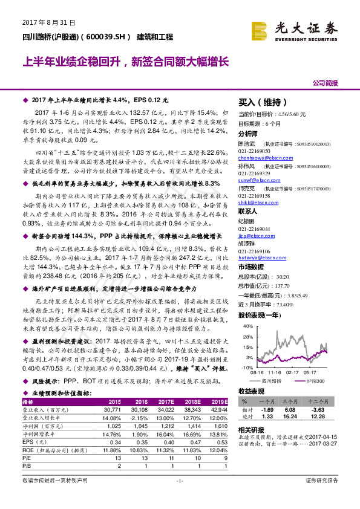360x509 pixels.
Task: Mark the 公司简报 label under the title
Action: [325, 82]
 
